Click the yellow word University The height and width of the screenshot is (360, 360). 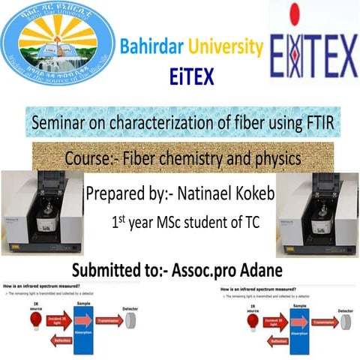[226, 49]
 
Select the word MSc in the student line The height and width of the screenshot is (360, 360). [173, 223]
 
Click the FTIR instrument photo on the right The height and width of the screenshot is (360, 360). [317, 212]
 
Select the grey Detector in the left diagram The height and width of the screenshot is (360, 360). [130, 319]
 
